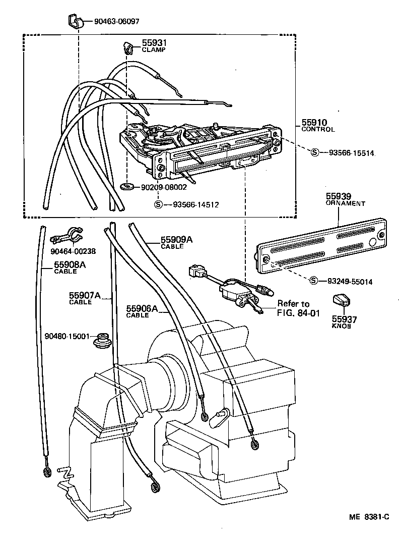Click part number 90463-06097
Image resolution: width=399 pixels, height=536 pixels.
[x=116, y=22]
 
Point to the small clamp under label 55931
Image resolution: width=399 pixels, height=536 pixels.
[x=127, y=48]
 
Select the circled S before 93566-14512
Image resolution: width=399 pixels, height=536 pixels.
[x=157, y=204]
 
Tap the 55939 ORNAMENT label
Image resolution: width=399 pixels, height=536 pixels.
[x=345, y=199]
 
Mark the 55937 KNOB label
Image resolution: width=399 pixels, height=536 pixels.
[x=344, y=321]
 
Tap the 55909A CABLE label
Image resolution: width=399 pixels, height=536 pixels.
[x=176, y=243]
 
